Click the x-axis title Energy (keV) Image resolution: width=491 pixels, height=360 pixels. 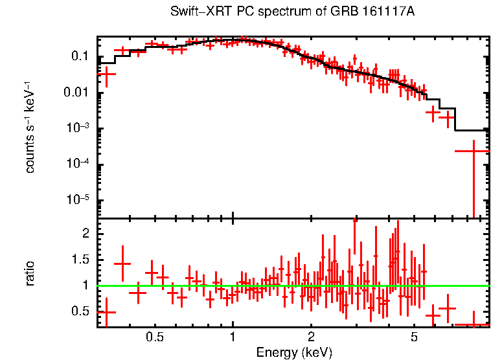(294, 352)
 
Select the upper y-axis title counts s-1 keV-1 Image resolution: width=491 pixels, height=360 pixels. (30, 128)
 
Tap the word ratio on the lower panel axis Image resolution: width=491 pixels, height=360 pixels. (30, 273)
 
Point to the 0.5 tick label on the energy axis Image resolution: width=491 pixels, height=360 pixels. (154, 337)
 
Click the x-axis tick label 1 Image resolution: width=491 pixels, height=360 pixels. (233, 337)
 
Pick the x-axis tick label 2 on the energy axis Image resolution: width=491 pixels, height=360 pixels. (311, 337)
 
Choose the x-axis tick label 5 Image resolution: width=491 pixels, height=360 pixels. (415, 337)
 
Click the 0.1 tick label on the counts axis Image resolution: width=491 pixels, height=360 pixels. (80, 57)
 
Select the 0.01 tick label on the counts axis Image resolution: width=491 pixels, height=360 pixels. (77, 93)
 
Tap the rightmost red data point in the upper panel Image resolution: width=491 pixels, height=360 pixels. (474, 151)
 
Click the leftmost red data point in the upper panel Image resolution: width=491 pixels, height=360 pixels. (106, 74)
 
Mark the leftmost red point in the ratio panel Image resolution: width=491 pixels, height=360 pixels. (106, 312)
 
